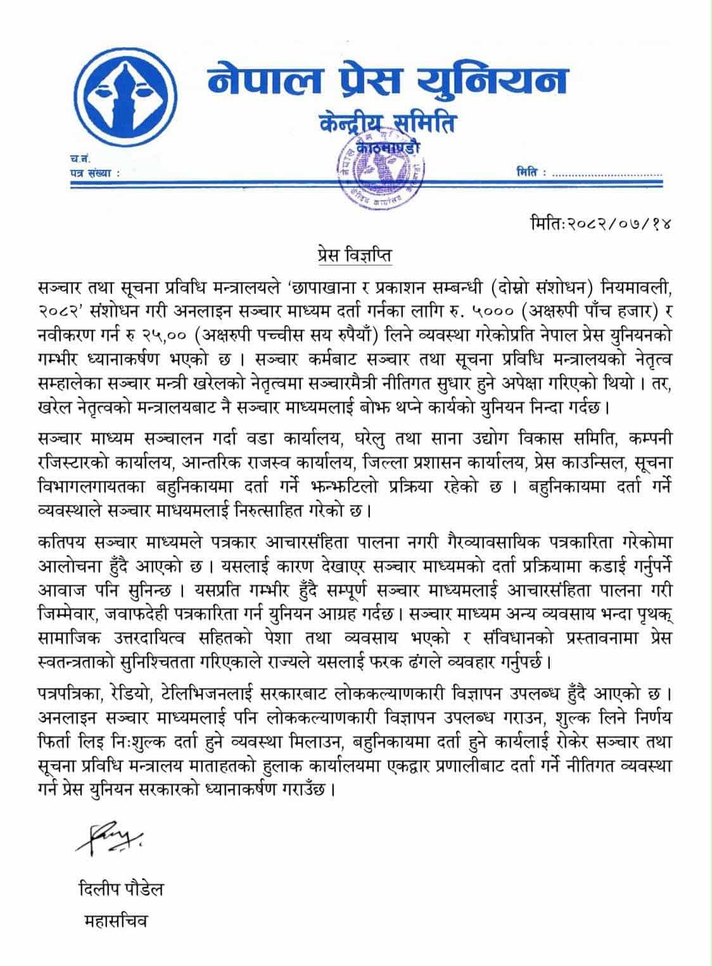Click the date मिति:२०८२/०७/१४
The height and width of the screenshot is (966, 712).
(x=599, y=223)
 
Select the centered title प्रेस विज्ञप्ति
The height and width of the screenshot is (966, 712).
(x=355, y=256)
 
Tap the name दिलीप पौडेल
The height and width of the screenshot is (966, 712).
(x=117, y=889)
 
